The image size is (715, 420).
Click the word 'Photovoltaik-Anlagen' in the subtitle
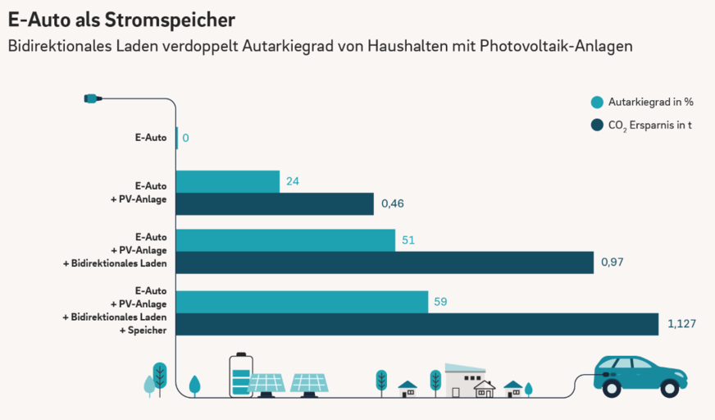pos(558,47)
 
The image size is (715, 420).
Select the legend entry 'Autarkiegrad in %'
pos(651,103)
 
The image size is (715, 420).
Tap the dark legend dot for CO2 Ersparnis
pos(597,126)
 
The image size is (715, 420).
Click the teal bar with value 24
pos(228,181)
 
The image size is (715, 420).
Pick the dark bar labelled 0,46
pos(275,203)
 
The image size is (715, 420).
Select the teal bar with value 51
pos(285,240)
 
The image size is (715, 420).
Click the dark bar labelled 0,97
pos(385,262)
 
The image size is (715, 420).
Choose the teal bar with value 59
pos(302,301)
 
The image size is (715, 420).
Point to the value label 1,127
pos(682,324)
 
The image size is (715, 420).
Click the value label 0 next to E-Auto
pos(186,138)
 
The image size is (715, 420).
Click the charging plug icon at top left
pos(92,98)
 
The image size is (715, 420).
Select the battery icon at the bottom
pos(240,376)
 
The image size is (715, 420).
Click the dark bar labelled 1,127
pos(417,324)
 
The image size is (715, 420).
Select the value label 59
pos(440,302)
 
